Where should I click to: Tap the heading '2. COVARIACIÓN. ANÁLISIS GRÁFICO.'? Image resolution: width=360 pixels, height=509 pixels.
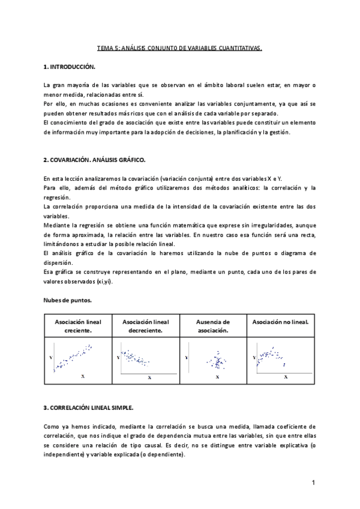(94, 160)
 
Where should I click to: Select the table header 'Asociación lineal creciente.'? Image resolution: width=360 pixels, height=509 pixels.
(78, 326)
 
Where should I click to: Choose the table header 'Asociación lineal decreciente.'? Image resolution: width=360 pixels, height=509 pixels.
(146, 326)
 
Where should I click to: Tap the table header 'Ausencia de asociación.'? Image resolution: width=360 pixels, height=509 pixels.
(214, 326)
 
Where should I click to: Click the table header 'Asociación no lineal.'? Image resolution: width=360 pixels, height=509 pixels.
(281, 322)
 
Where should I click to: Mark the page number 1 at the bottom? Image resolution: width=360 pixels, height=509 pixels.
(313, 482)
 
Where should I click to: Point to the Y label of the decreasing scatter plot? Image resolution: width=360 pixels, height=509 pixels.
(118, 357)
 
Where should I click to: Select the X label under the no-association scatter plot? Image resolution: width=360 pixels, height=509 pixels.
(217, 376)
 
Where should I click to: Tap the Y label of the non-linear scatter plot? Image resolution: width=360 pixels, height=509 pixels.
(254, 357)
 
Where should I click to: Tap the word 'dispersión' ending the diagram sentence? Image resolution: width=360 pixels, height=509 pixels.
(59, 262)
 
